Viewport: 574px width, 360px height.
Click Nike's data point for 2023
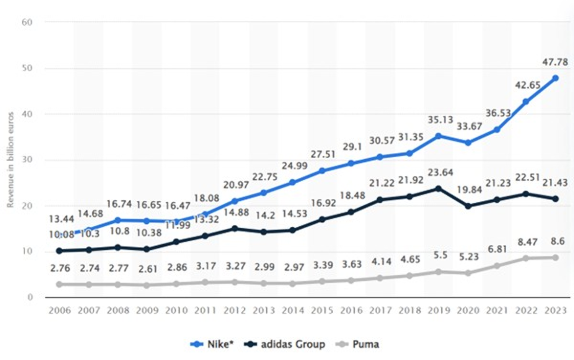click(555, 78)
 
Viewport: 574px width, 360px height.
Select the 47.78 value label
click(555, 62)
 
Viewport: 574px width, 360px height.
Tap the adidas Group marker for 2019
click(439, 188)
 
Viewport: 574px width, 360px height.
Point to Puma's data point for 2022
click(526, 259)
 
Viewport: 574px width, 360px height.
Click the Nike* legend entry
click(212, 344)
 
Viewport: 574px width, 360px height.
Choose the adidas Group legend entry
click(285, 344)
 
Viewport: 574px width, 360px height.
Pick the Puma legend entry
click(357, 344)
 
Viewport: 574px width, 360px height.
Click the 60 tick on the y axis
click(27, 22)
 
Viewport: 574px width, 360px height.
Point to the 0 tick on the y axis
click(30, 297)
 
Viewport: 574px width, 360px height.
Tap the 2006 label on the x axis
click(60, 310)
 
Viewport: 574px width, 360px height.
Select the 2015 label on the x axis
click(322, 310)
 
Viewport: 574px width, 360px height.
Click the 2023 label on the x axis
click(555, 310)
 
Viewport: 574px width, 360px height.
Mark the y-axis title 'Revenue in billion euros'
click(10, 160)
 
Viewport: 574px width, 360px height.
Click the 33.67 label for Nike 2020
click(469, 126)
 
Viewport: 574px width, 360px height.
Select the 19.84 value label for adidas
click(469, 190)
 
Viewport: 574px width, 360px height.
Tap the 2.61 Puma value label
click(148, 269)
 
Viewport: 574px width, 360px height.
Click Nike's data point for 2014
click(293, 182)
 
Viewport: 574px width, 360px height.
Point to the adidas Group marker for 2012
click(235, 229)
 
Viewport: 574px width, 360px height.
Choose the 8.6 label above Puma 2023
click(558, 241)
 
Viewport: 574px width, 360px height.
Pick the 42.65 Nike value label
click(527, 85)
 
